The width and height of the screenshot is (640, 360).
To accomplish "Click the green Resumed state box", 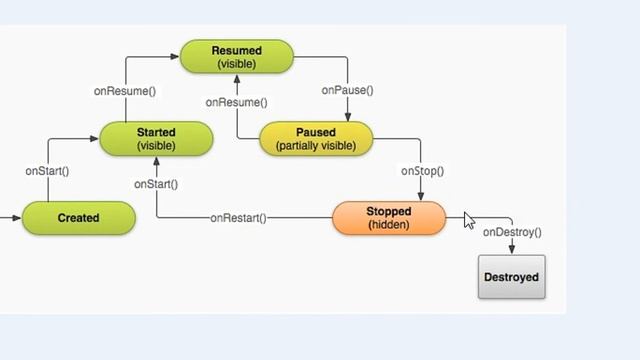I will [x=237, y=57].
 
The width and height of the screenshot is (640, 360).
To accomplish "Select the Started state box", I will [x=156, y=138].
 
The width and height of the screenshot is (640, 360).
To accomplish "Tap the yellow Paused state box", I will [x=316, y=138].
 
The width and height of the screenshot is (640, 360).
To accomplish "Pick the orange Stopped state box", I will [x=388, y=218].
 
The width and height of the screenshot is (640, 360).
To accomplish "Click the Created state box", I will [x=78, y=218].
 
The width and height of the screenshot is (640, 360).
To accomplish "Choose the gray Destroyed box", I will [x=511, y=277].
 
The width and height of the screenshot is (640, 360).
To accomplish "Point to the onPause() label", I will [x=347, y=90].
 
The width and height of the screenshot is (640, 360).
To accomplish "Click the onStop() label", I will [x=422, y=171].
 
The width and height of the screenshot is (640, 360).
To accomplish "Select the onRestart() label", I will [x=238, y=218].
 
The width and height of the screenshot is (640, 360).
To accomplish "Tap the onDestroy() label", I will [x=511, y=233].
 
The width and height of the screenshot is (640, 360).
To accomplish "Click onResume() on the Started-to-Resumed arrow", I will [x=125, y=90].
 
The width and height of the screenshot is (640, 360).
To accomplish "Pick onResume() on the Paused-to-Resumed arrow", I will [x=237, y=103].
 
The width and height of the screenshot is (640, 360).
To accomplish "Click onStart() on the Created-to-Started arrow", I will [x=47, y=171].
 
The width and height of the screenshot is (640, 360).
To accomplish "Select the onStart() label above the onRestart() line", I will [x=157, y=184].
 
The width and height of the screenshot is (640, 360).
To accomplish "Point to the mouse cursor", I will [x=469, y=220].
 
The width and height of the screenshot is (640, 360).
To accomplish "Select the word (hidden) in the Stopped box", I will [x=388, y=225].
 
